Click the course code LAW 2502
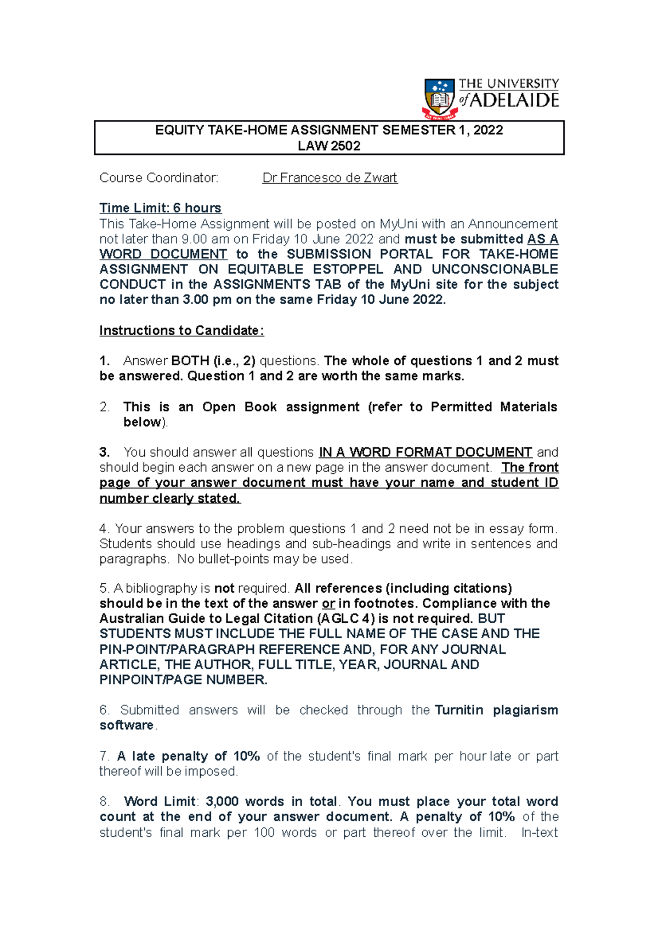click(x=329, y=146)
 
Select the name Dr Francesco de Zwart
click(x=330, y=178)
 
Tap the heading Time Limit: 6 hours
click(x=160, y=208)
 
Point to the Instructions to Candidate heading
click(x=181, y=331)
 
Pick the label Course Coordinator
click(x=158, y=178)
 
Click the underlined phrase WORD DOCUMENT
click(x=163, y=254)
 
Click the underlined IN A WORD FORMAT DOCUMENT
click(x=426, y=452)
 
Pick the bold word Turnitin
click(x=459, y=710)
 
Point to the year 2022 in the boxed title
click(x=487, y=130)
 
